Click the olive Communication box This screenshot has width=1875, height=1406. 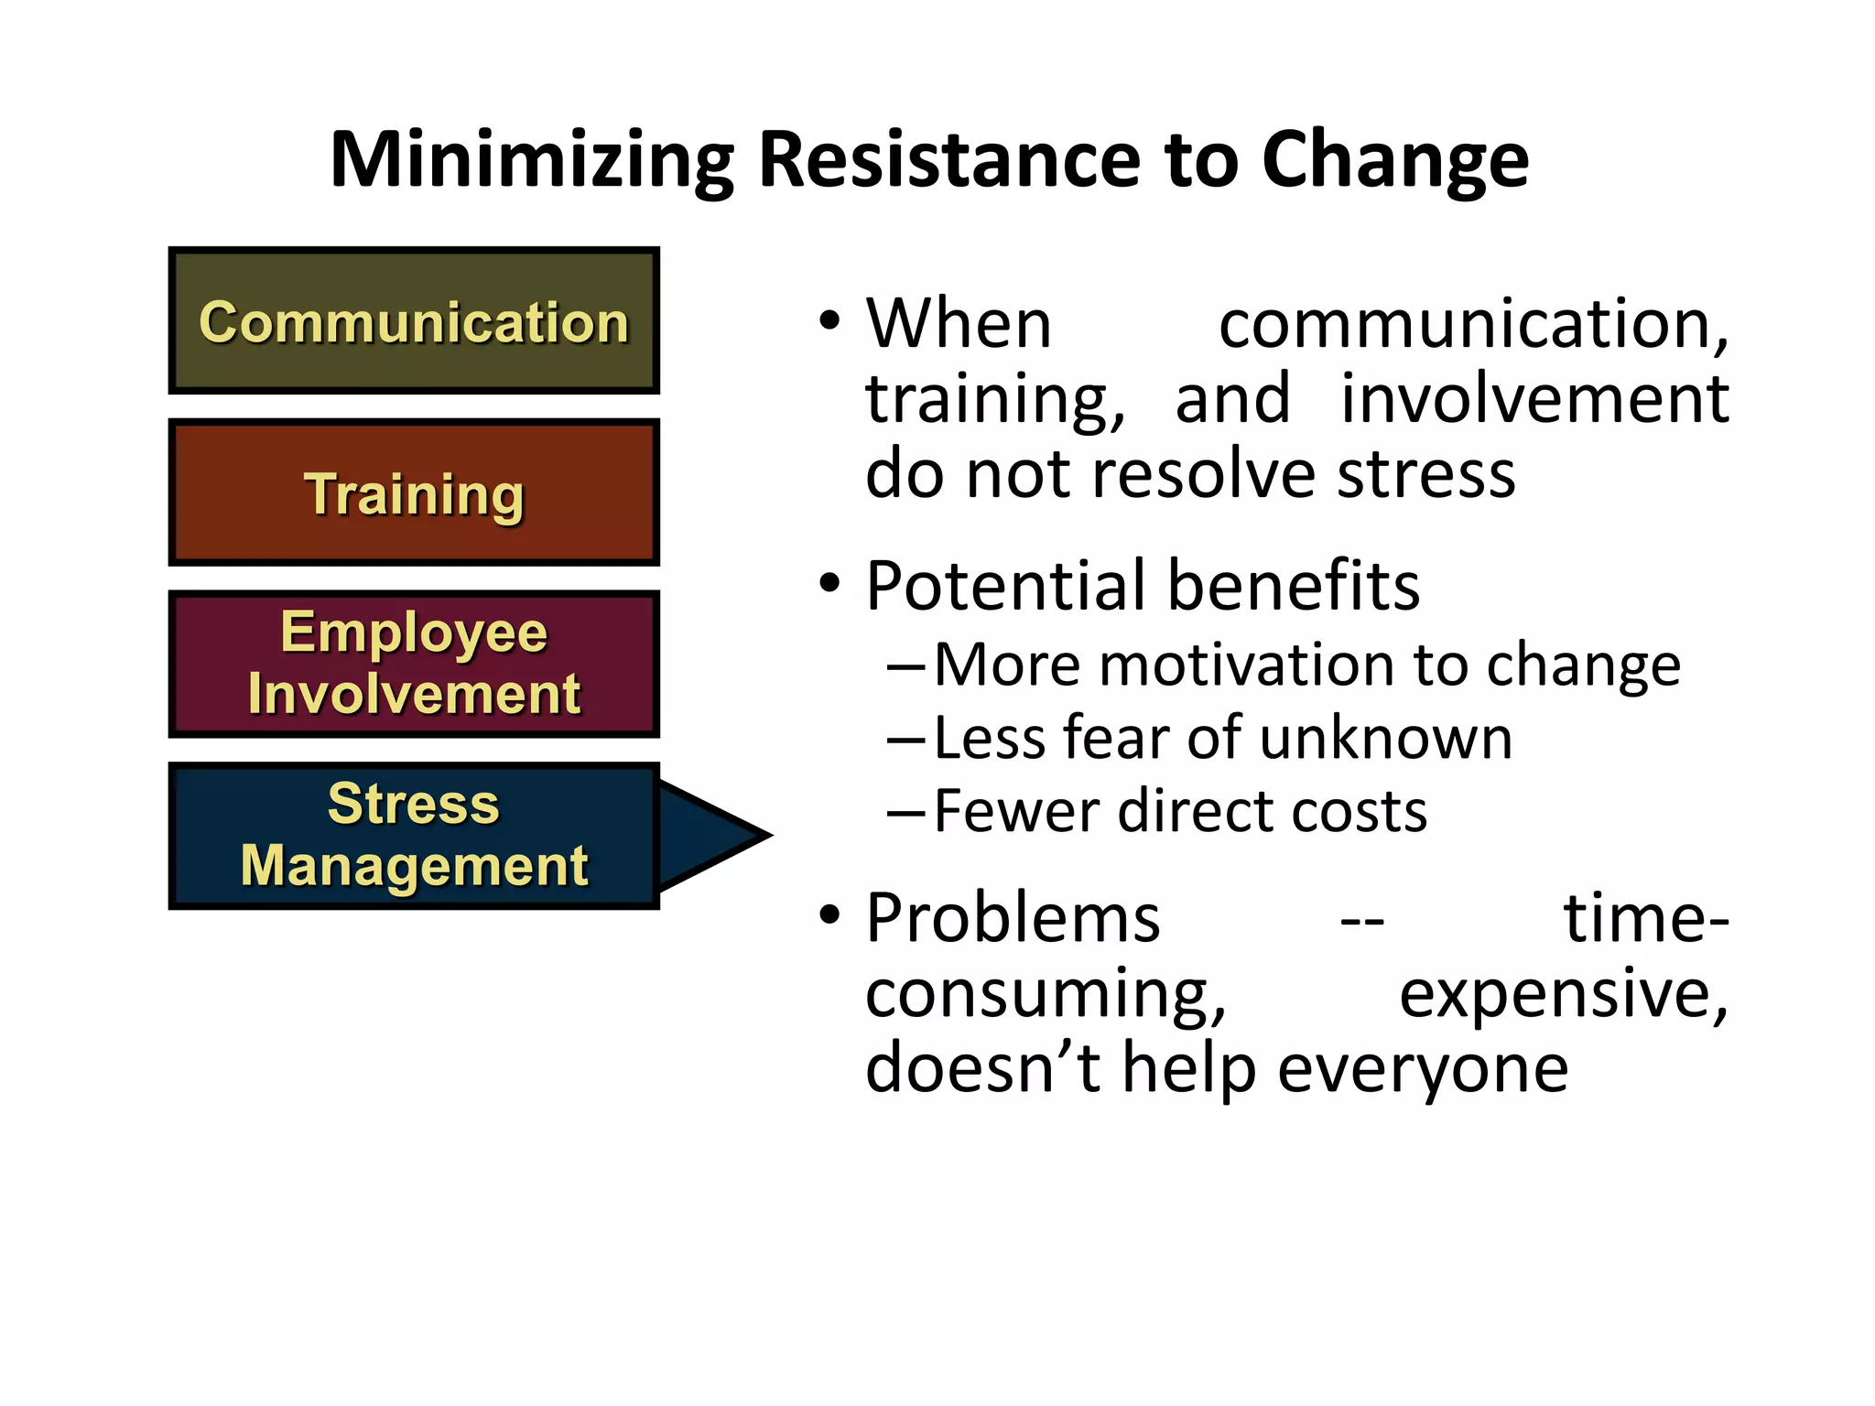(414, 321)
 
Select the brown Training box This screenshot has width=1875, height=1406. (414, 493)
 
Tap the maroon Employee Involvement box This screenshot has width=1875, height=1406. (414, 664)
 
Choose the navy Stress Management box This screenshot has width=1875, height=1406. (414, 836)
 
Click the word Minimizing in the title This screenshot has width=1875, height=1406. (532, 161)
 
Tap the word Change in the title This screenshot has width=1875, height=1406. (1395, 161)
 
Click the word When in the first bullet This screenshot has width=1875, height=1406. (959, 324)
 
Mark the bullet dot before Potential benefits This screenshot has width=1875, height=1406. (829, 583)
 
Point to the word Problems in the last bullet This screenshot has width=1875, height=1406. (1013, 918)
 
